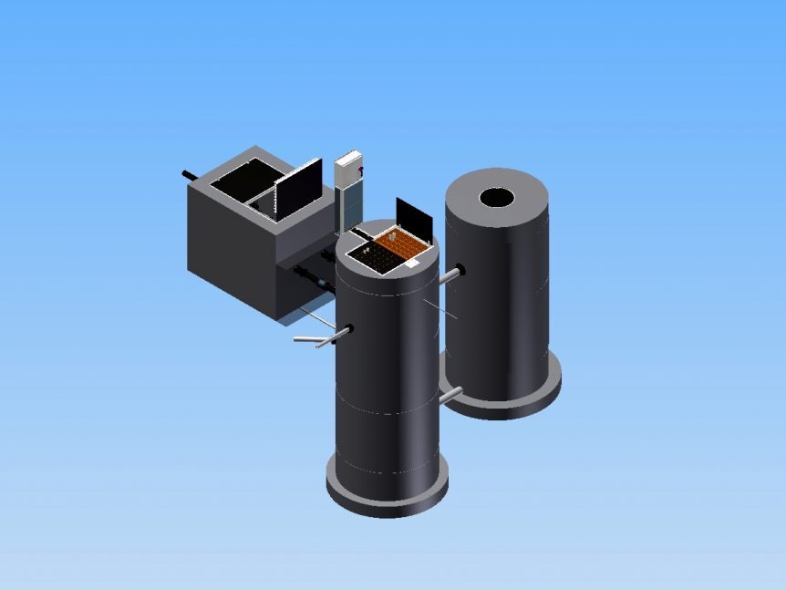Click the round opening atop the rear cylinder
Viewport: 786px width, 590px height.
click(497, 197)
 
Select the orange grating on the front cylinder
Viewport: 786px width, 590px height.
click(402, 244)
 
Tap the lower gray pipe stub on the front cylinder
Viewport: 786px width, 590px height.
click(450, 395)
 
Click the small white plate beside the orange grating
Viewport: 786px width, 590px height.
click(411, 263)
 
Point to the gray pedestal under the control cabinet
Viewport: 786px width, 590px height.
click(348, 210)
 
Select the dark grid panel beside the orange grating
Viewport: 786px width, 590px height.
click(377, 259)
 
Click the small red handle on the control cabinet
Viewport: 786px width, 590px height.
click(362, 171)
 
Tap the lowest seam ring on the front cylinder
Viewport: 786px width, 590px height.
click(387, 469)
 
